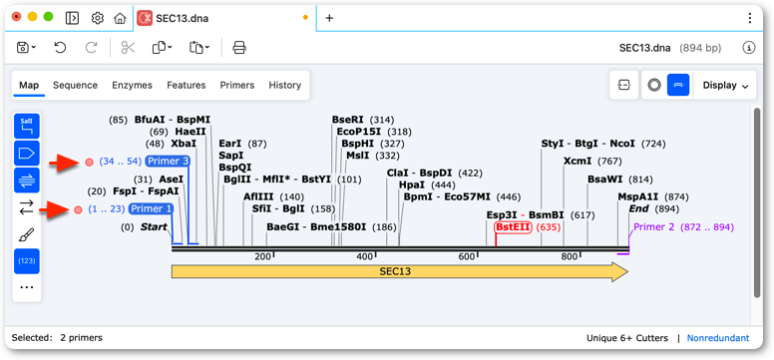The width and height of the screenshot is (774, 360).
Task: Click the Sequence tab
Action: pyautogui.click(x=75, y=85)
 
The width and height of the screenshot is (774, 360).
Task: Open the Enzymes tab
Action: pyautogui.click(x=132, y=85)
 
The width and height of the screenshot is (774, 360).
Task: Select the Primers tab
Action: pyautogui.click(x=237, y=85)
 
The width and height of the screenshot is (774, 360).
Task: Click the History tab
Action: pyautogui.click(x=285, y=85)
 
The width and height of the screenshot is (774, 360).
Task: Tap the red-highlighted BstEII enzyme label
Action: pyautogui.click(x=513, y=227)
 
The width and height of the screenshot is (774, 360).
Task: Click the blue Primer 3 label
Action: pyautogui.click(x=168, y=161)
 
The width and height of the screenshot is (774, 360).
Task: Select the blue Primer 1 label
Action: pyautogui.click(x=151, y=208)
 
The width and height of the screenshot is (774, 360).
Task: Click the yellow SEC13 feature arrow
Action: pyautogui.click(x=399, y=271)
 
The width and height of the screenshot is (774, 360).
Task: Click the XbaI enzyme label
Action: pyautogui.click(x=184, y=144)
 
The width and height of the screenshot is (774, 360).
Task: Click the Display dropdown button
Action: pyautogui.click(x=725, y=85)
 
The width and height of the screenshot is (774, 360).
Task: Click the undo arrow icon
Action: pyautogui.click(x=60, y=48)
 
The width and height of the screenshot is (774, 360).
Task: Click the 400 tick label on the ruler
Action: pyautogui.click(x=365, y=257)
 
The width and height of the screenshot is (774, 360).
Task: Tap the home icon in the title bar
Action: pyautogui.click(x=120, y=18)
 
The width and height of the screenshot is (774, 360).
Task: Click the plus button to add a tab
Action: pyautogui.click(x=330, y=18)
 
